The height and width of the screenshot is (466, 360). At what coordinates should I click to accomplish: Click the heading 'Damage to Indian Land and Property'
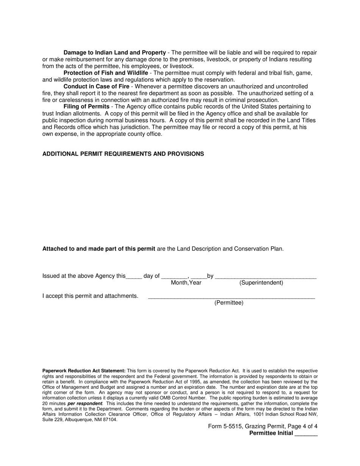(x=114, y=53)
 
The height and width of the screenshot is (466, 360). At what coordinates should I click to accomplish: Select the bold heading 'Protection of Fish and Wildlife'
(x=106, y=73)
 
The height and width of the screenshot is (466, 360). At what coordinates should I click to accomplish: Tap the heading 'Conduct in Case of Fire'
(x=96, y=87)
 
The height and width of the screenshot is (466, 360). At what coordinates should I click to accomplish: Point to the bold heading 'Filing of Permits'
(x=86, y=107)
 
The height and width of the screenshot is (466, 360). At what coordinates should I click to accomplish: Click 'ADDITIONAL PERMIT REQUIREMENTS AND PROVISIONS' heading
(x=123, y=154)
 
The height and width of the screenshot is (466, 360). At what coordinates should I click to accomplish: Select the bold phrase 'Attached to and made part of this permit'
(x=99, y=249)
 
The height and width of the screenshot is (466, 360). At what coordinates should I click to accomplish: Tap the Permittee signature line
(x=231, y=297)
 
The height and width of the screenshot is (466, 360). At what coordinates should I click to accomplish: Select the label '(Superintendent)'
(x=261, y=283)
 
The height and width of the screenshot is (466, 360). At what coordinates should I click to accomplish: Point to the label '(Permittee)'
(x=229, y=303)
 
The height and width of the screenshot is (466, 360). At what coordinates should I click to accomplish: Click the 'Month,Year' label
(x=186, y=283)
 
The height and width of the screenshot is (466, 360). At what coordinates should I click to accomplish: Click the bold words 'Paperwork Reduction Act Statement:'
(x=84, y=371)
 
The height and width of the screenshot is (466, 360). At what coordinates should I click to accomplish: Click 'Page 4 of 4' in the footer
(x=302, y=427)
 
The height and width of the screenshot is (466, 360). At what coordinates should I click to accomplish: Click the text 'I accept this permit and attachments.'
(x=90, y=296)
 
